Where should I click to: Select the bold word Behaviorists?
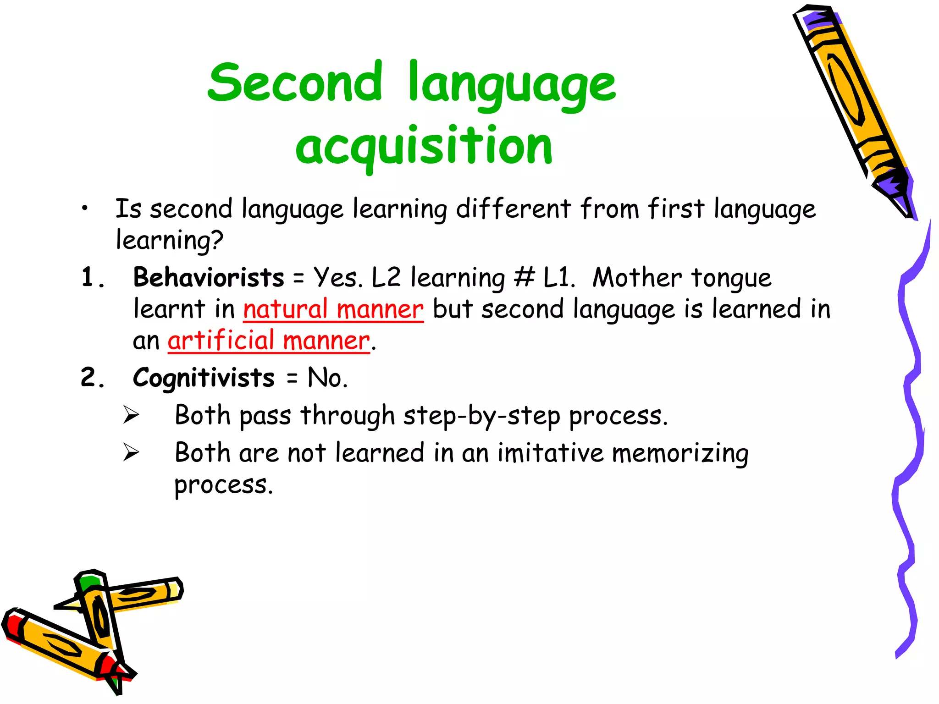tap(209, 278)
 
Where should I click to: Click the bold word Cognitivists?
tap(204, 378)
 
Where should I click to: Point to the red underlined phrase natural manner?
tap(333, 309)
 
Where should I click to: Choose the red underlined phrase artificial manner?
tap(269, 341)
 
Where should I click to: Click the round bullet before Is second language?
tap(84, 209)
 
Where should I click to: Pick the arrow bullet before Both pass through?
tap(131, 415)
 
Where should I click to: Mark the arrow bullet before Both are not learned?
tap(131, 453)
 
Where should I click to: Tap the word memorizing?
tap(680, 454)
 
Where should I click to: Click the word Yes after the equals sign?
tap(337, 278)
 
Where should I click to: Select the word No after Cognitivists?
tap(327, 378)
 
